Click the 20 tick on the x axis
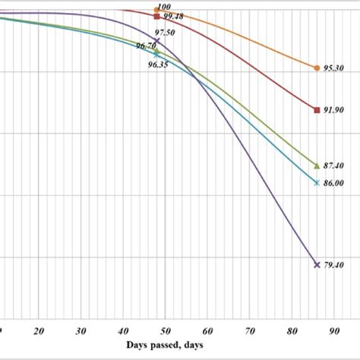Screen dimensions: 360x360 [x=39, y=332]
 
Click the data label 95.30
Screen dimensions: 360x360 [x=334, y=68]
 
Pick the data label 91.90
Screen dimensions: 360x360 [x=334, y=111]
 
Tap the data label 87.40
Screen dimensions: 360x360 [x=334, y=166]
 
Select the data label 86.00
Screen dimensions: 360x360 [x=334, y=183]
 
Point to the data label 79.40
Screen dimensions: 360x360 [x=334, y=265]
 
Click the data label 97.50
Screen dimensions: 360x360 [x=166, y=33]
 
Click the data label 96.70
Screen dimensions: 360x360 [x=146, y=46]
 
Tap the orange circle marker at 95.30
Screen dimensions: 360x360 [x=316, y=68]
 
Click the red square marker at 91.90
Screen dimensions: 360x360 [x=316, y=110]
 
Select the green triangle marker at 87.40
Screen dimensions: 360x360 [x=316, y=165]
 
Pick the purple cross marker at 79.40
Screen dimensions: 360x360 [x=316, y=264]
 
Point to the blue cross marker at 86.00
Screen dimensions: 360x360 [x=316, y=182]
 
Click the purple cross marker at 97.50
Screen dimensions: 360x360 [x=157, y=40]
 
